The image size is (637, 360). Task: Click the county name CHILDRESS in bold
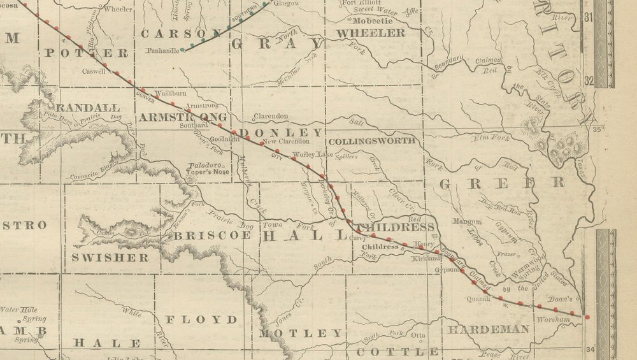pyautogui.click(x=396, y=227)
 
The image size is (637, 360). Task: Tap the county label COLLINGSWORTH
pyautogui.click(x=371, y=141)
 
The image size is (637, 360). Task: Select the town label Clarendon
pyautogui.click(x=271, y=117)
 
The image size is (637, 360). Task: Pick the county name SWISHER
pyautogui.click(x=110, y=257)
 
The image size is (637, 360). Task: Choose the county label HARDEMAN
pyautogui.click(x=488, y=329)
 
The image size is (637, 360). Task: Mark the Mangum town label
pyautogui.click(x=466, y=222)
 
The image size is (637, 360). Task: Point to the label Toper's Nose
pyautogui.click(x=208, y=172)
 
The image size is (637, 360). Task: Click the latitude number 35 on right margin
pyautogui.click(x=598, y=130)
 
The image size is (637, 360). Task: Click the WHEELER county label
pyautogui.click(x=370, y=32)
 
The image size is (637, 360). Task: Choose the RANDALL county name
pyautogui.click(x=87, y=107)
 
